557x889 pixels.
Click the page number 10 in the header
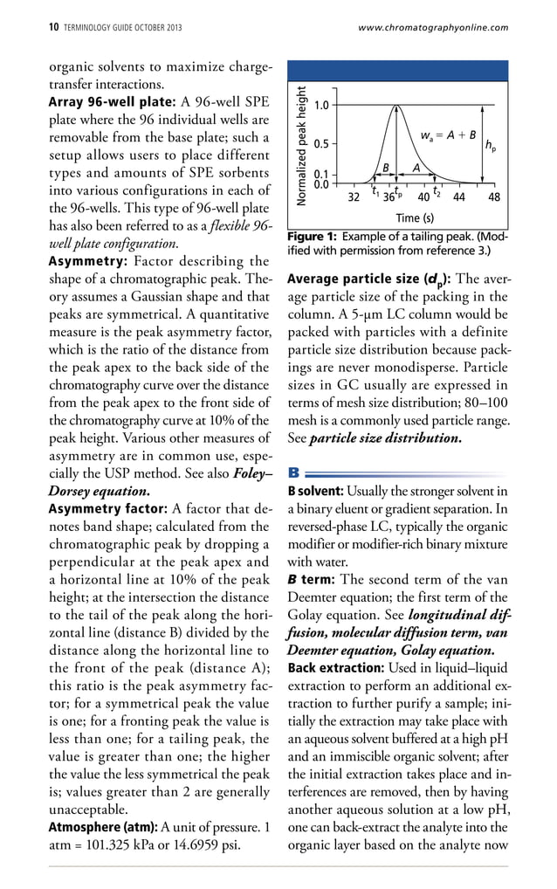coord(52,28)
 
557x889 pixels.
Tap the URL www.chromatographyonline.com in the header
coord(433,28)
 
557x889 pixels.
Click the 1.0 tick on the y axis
coord(320,106)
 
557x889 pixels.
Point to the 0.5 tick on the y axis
coord(320,143)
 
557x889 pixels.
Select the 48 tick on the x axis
coord(494,197)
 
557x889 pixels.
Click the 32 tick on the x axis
coord(353,197)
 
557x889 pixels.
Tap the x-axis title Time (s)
coord(415,217)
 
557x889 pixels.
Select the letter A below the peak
coord(416,167)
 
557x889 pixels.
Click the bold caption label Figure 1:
coord(312,237)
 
